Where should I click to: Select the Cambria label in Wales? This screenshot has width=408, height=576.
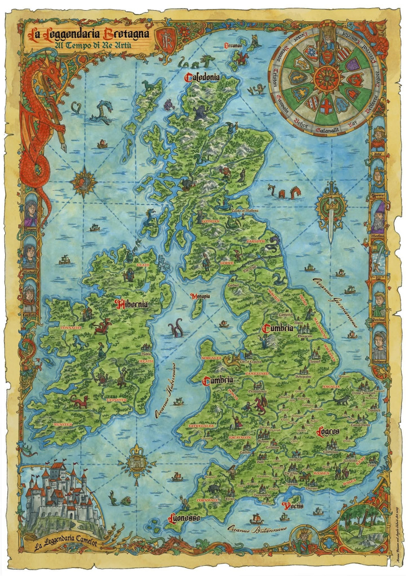218,380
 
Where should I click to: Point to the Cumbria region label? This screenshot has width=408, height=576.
278,328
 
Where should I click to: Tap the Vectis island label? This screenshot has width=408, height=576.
293,506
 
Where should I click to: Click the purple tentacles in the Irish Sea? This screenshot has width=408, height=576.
176,327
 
